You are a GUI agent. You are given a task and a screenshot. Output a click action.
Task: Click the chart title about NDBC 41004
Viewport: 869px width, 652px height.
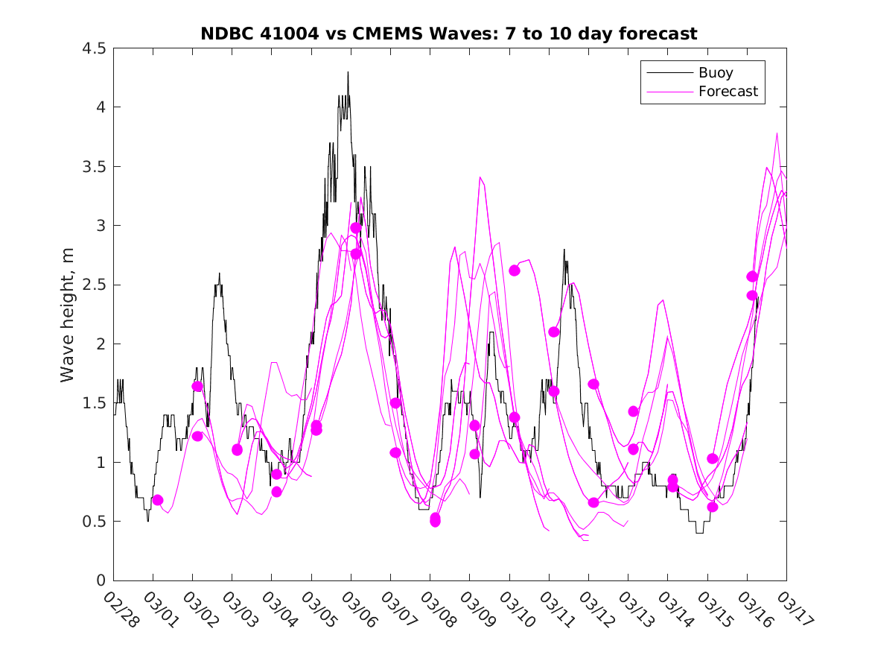449,34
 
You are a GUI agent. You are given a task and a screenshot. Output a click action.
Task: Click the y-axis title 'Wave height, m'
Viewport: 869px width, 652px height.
68,314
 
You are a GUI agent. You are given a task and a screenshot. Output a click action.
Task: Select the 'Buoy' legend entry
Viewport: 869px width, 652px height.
715,73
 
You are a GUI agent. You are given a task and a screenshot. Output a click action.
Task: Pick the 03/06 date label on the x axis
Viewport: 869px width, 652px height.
357,610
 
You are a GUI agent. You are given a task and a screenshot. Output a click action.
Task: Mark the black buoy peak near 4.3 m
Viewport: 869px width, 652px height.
348,72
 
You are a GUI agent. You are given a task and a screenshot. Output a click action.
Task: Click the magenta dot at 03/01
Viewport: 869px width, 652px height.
157,500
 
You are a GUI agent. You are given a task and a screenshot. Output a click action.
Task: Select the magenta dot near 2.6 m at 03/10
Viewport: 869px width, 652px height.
515,270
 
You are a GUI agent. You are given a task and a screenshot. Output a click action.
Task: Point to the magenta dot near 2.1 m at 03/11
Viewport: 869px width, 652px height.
553,332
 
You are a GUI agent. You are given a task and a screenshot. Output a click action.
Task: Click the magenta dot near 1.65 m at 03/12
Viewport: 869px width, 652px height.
593,384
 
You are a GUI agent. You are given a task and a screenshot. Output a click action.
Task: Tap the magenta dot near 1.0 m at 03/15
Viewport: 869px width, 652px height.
712,458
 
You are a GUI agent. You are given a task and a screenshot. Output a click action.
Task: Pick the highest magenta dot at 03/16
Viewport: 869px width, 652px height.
752,276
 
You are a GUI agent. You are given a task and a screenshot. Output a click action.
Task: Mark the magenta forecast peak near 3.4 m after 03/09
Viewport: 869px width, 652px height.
480,177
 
